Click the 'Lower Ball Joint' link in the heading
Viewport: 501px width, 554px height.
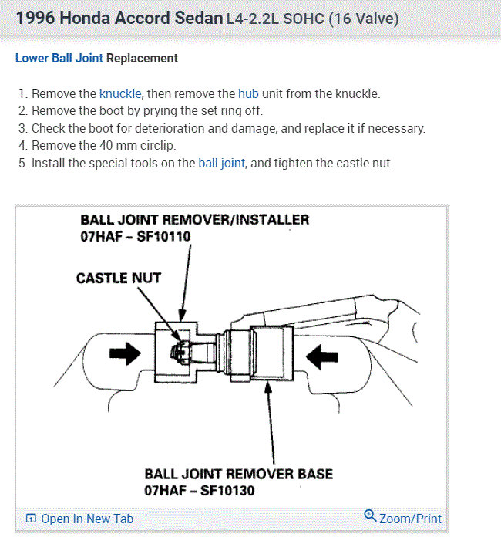(59, 58)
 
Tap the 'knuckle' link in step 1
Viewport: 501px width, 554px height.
(119, 93)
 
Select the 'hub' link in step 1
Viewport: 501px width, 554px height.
(248, 93)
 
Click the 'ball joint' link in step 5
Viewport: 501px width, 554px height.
(222, 164)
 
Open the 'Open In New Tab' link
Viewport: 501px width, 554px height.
(86, 519)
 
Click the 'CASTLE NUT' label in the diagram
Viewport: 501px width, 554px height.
(118, 278)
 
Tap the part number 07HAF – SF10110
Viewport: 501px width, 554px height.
(135, 236)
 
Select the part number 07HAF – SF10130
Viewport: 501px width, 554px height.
(199, 490)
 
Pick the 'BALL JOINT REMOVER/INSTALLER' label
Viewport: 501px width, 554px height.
(194, 219)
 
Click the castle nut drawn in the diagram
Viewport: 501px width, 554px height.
(179, 352)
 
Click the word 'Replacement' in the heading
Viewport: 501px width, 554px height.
(142, 58)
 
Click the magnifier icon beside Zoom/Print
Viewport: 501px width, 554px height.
(370, 516)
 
